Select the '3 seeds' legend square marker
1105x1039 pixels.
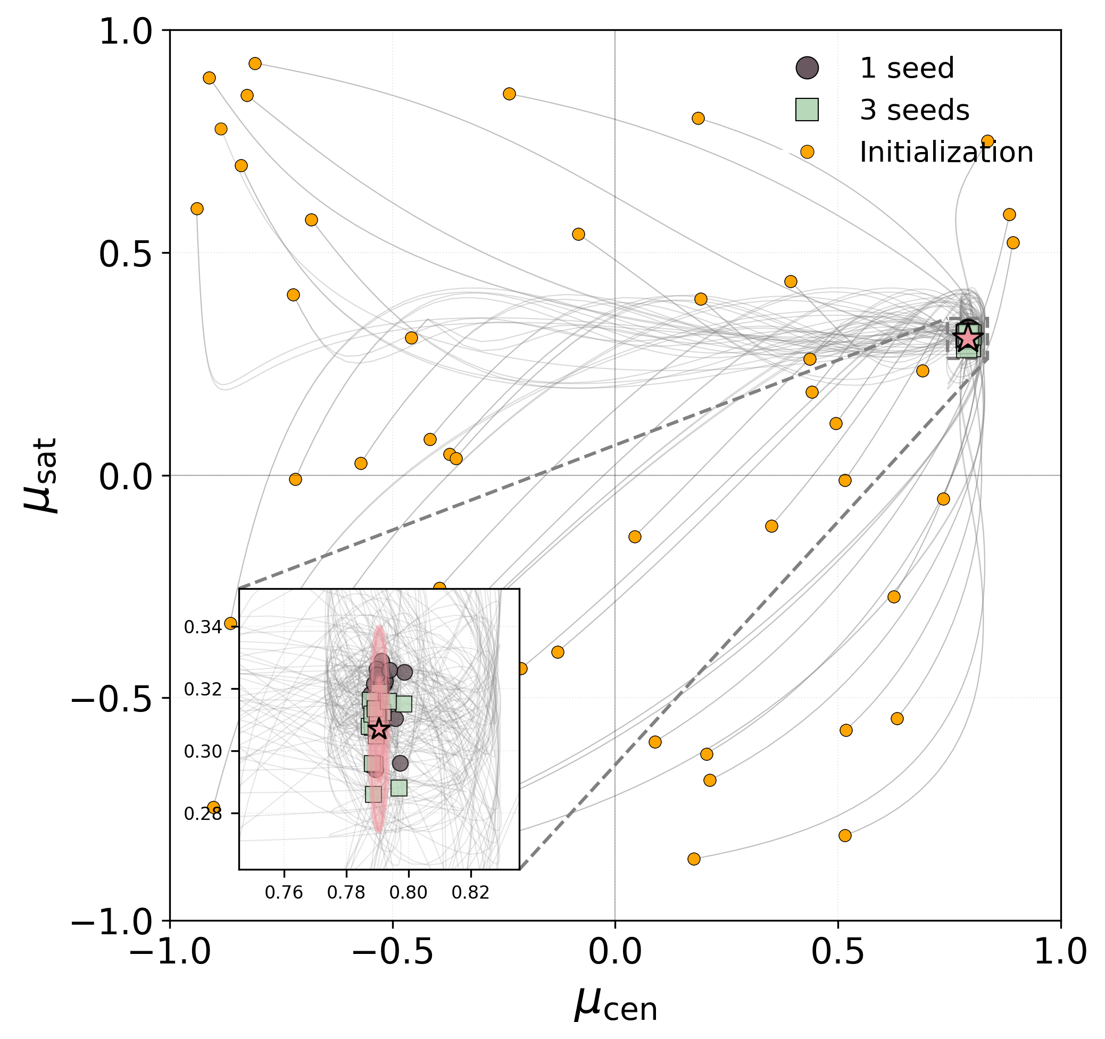(x=807, y=110)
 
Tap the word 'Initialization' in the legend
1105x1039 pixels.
(x=946, y=152)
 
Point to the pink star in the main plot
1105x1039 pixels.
(x=968, y=337)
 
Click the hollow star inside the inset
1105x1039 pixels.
(x=378, y=728)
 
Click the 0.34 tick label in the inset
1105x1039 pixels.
(x=203, y=627)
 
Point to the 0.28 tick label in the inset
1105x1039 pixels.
(x=203, y=814)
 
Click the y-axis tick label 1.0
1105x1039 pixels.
(x=125, y=32)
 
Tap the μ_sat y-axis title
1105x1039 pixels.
(x=41, y=475)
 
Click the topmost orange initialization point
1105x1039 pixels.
(x=255, y=63)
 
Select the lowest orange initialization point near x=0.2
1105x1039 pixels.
(x=694, y=859)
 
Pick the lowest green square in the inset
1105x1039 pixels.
(x=373, y=794)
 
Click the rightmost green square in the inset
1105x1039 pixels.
(x=404, y=705)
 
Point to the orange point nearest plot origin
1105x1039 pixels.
(x=635, y=537)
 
